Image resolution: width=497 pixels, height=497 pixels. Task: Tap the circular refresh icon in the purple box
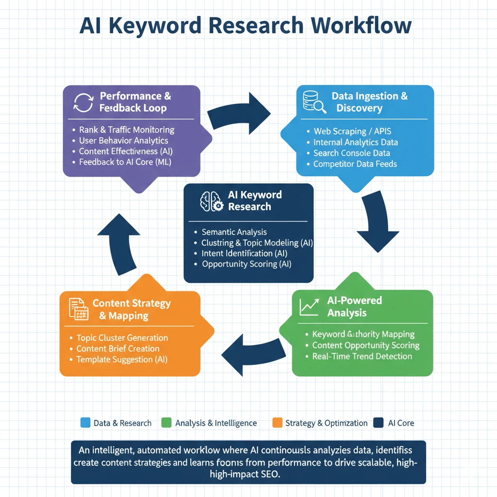pyautogui.click(x=83, y=102)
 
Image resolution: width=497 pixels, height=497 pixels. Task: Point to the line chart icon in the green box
pyautogui.click(x=309, y=306)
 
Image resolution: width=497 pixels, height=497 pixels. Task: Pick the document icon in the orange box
pyautogui.click(x=78, y=309)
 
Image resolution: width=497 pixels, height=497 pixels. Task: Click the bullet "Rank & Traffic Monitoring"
pyautogui.click(x=126, y=130)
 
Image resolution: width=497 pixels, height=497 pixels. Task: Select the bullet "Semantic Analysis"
pyautogui.click(x=234, y=232)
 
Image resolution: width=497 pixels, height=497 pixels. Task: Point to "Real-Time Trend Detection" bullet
pyautogui.click(x=362, y=356)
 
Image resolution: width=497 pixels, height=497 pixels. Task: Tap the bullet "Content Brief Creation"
pyautogui.click(x=117, y=348)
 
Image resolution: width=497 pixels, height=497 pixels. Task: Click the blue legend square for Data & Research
pyautogui.click(x=85, y=423)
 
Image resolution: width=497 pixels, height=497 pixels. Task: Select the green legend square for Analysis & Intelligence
pyautogui.click(x=166, y=423)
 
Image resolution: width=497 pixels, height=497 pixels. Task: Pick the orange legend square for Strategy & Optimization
pyautogui.click(x=278, y=423)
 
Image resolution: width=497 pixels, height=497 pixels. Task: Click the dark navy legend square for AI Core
pyautogui.click(x=379, y=423)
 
